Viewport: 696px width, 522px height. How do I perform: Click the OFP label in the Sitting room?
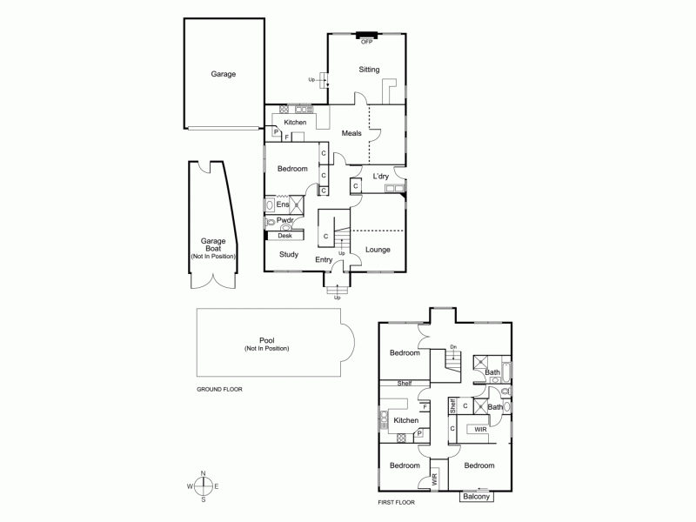366,41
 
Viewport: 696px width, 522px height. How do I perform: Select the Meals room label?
351,133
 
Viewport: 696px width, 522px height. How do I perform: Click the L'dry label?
381,177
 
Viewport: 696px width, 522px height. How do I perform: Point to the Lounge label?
378,250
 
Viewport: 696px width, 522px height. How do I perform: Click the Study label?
289,254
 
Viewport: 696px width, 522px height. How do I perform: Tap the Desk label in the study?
284,236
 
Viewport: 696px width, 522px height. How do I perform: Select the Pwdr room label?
285,222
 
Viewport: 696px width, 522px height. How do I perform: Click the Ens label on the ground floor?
283,204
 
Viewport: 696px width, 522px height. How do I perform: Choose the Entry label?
324,259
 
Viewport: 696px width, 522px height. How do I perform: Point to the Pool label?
266,342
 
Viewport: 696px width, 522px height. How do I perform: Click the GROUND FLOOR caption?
219,389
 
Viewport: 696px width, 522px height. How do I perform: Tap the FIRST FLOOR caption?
397,502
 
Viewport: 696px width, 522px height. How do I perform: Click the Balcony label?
476,497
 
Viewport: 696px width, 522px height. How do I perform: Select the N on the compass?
203,473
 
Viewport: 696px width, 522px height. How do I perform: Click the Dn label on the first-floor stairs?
453,348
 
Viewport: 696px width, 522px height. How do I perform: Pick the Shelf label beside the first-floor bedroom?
405,383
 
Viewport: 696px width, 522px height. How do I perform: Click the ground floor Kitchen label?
296,123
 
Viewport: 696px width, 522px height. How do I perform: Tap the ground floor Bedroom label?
292,169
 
